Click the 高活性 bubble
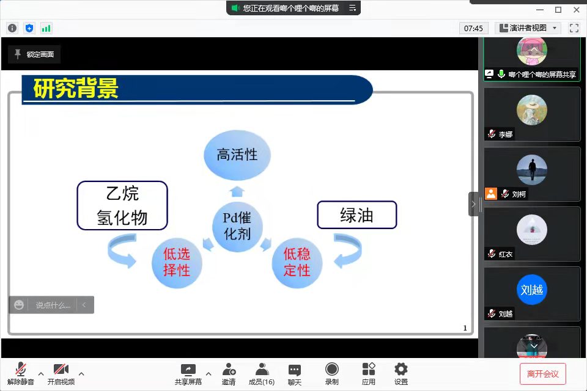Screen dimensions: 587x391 [x=237, y=155]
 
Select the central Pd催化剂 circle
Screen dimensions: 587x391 [x=237, y=227]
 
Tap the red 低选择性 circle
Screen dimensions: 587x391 [x=177, y=263]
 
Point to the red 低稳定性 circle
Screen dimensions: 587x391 [x=297, y=263]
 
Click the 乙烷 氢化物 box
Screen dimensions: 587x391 [x=122, y=205]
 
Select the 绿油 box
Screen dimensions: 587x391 [x=356, y=215]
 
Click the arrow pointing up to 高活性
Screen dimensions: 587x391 [x=237, y=192]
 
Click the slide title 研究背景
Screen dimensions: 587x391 [x=76, y=89]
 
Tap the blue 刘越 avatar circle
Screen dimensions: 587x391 [x=531, y=290]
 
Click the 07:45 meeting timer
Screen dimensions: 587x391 [x=473, y=29]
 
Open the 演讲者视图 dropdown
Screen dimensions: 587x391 [x=528, y=28]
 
